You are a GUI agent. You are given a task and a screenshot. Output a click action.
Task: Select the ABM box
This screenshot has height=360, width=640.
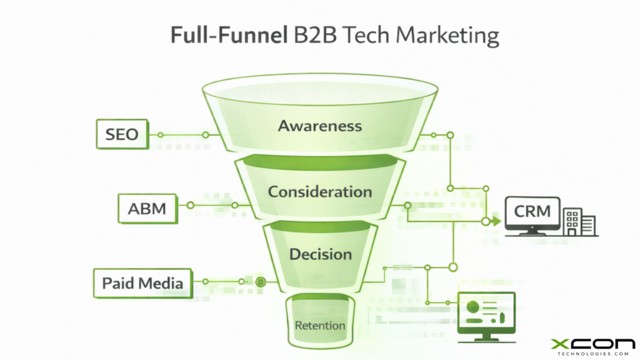147,207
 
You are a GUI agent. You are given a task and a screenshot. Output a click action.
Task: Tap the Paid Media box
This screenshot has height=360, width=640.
142,283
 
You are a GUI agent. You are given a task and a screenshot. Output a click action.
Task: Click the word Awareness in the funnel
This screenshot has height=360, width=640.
319,126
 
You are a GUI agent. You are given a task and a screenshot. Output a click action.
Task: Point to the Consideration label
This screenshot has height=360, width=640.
319,191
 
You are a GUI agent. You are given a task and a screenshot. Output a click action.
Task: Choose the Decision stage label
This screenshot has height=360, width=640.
320,254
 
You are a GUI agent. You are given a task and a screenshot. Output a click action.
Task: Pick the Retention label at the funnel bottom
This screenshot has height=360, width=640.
319,325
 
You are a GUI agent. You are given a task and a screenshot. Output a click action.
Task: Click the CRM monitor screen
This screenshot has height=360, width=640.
532,212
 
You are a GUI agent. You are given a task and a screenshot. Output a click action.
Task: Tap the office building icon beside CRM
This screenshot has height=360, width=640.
579,222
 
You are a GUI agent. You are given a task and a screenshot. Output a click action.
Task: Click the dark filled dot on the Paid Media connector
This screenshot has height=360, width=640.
261,282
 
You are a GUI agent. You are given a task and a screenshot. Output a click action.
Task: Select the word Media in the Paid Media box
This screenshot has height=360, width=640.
161,283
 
